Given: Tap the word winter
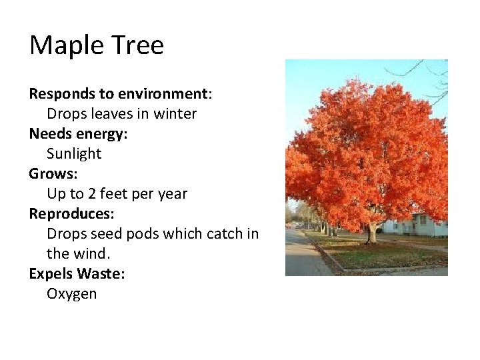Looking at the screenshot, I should [x=175, y=114].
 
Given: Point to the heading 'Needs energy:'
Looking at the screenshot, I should [x=78, y=133].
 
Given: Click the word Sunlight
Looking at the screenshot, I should [x=74, y=154].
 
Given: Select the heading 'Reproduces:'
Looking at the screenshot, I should [x=71, y=214].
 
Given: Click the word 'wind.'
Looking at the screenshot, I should [x=91, y=254].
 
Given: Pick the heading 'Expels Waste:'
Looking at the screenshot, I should [x=77, y=273].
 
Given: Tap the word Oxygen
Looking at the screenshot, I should [x=71, y=294].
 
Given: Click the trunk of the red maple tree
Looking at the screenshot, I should [x=371, y=233].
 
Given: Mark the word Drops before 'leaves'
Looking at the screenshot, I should [x=66, y=114].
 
